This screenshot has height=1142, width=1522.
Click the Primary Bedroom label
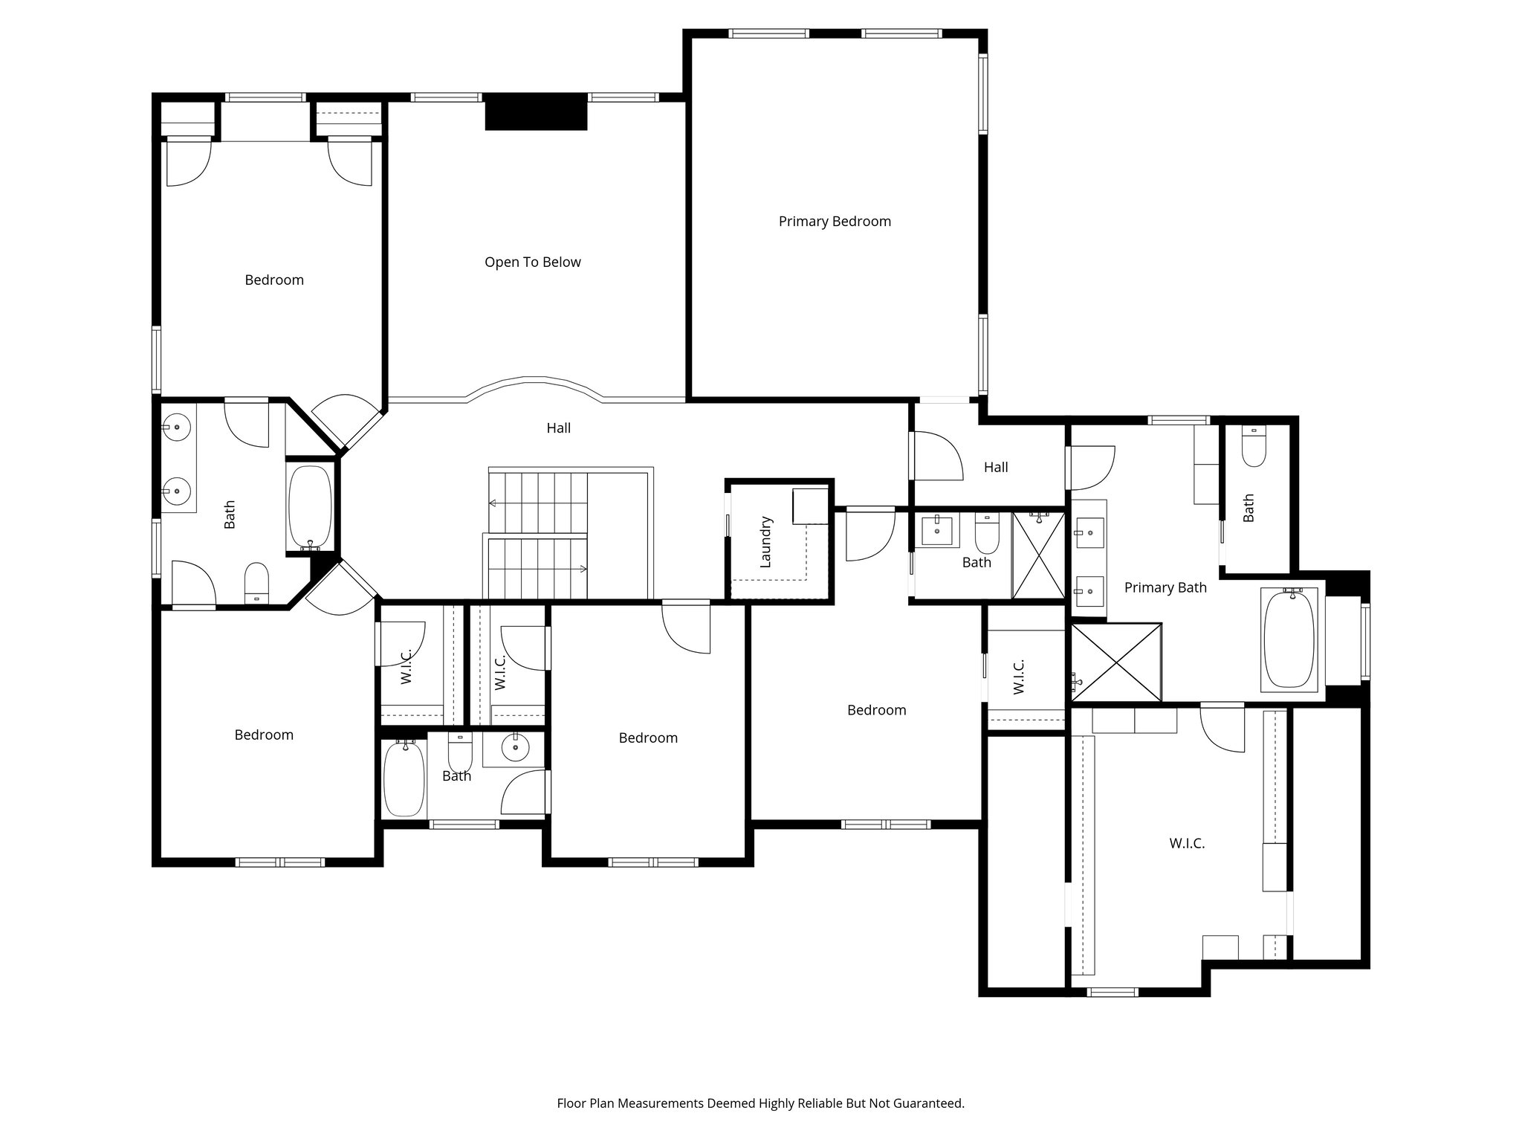(x=835, y=222)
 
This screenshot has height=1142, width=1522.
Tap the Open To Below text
(x=532, y=262)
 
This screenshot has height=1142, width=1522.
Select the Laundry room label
(x=766, y=542)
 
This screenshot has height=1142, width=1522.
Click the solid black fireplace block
(x=536, y=115)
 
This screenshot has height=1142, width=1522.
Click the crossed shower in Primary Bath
(x=1115, y=662)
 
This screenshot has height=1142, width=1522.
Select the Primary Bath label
(x=1165, y=588)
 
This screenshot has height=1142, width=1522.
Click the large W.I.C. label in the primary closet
(x=1186, y=844)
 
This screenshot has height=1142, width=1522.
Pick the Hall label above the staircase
(x=558, y=428)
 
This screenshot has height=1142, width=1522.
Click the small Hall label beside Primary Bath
(x=995, y=468)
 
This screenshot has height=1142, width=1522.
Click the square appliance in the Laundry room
(x=810, y=506)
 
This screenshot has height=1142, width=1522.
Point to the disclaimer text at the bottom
(x=760, y=1103)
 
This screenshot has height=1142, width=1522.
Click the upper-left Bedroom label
(x=274, y=280)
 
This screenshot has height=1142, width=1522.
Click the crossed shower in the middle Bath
(x=1038, y=554)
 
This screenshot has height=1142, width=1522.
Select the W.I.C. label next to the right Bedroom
(x=1019, y=677)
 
